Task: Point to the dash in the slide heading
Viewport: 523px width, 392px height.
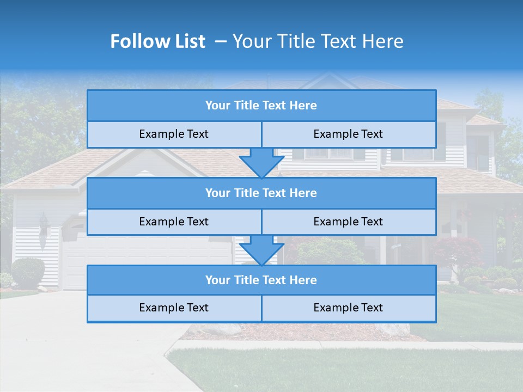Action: coord(221,41)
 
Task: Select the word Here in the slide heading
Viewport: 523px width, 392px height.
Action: coord(384,41)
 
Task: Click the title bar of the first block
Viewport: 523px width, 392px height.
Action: coord(261,106)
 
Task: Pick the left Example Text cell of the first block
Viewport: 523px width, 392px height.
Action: coord(174,134)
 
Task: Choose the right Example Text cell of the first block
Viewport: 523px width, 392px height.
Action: coord(348,134)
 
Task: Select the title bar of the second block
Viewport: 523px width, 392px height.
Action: coord(261,193)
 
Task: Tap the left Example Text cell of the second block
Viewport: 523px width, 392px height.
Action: coord(174,222)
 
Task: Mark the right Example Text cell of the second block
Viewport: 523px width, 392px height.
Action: coord(348,222)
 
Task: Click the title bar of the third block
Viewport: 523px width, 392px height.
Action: coord(261,280)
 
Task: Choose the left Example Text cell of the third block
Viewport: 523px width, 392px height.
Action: coord(174,308)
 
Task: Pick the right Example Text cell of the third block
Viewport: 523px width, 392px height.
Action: coord(348,308)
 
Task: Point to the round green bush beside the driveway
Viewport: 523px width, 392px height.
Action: coord(28,272)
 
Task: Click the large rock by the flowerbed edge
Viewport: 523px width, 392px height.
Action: coord(393,329)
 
